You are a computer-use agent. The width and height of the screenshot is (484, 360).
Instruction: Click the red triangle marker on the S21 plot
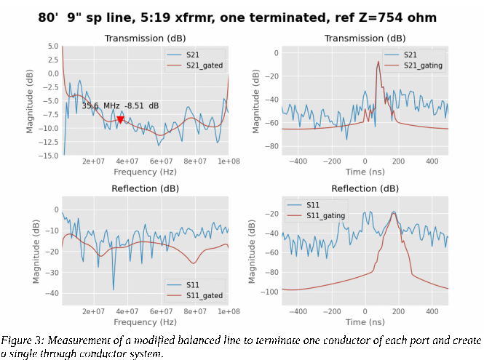120,119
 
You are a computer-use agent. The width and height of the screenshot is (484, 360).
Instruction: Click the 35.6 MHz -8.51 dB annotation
120,105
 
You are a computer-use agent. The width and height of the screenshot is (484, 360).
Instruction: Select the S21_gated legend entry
204,65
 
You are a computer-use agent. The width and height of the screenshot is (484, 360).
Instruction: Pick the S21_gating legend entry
423,65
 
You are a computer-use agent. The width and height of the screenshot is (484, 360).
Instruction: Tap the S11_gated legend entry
204,296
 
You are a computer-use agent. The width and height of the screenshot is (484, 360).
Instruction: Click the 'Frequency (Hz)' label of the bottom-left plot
145,322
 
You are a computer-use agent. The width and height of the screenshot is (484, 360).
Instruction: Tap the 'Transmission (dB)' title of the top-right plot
365,38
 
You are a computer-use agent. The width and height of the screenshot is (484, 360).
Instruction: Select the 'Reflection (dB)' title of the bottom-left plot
145,188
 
